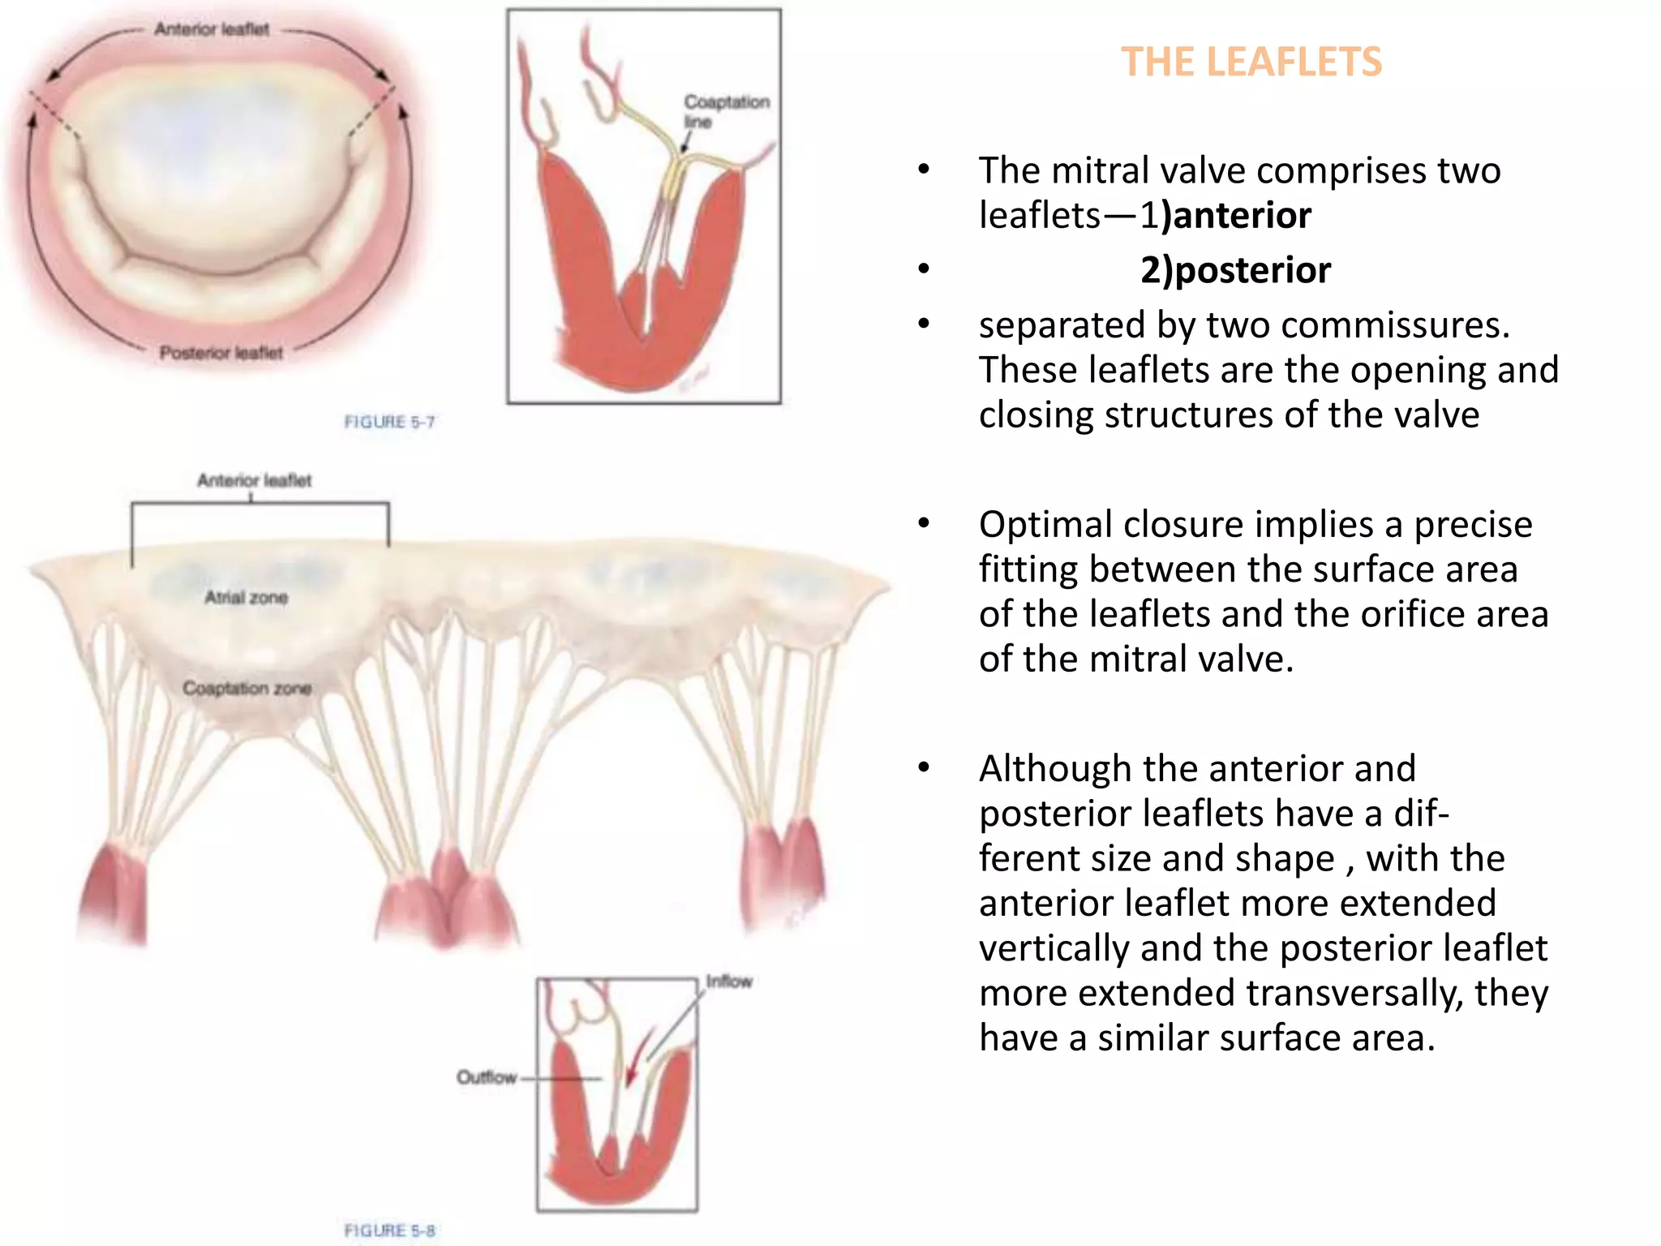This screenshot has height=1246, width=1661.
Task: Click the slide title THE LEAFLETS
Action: pos(1251,62)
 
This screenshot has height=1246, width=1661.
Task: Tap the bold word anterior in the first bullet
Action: pos(1241,216)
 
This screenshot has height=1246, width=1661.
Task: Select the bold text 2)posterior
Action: pos(1235,270)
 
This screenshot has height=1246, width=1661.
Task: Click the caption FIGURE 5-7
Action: pos(389,422)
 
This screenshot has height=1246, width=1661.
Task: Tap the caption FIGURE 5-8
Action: pos(389,1230)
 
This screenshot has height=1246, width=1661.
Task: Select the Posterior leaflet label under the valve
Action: pos(221,353)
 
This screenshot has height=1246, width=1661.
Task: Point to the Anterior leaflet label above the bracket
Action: pos(254,480)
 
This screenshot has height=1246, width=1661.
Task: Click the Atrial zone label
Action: pos(246,598)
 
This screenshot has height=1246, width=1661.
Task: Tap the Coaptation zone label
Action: pos(247,689)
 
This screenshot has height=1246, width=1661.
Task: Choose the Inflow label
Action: pos(728,982)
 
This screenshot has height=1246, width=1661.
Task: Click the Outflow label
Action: pos(486,1077)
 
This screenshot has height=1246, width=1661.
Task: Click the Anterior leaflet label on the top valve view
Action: pos(212,29)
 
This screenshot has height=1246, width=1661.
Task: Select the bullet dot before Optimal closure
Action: pos(924,524)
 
